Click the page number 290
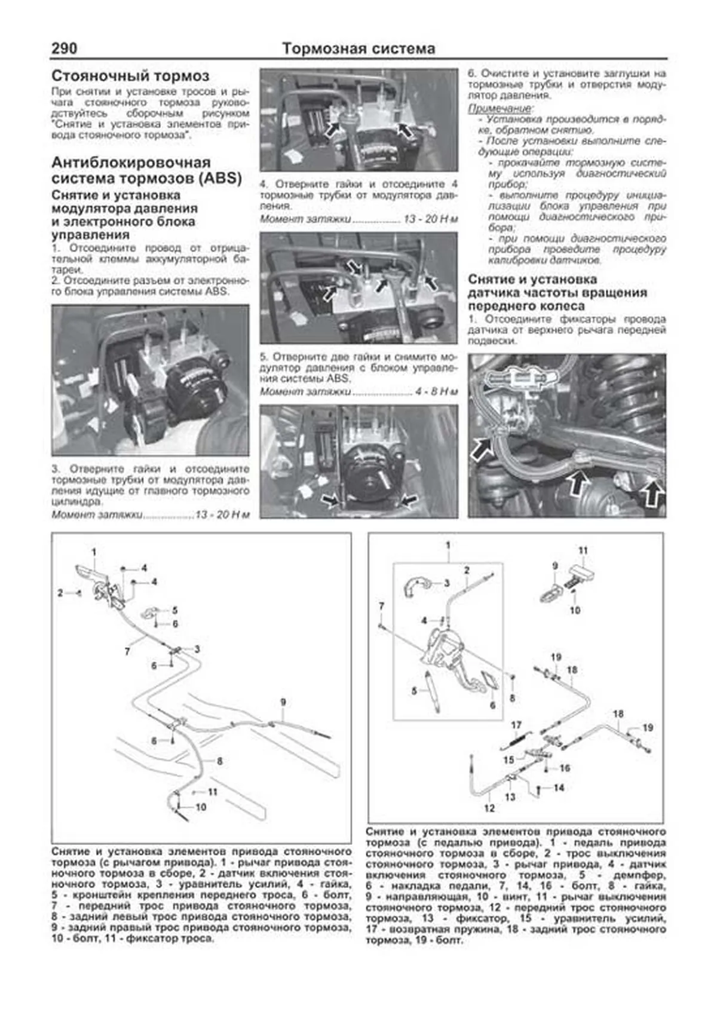click(x=65, y=48)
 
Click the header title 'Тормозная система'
click(x=358, y=48)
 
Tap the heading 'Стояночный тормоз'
click(x=130, y=76)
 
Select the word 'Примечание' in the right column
click(x=500, y=109)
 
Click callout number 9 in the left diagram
click(x=283, y=702)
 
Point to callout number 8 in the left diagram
click(x=219, y=761)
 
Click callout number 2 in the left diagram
click(x=60, y=593)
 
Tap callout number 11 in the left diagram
click(x=213, y=792)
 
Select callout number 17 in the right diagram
click(x=516, y=725)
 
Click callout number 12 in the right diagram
click(x=489, y=808)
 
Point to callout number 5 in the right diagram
click(x=414, y=691)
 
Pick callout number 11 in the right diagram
click(x=583, y=550)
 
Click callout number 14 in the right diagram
click(x=558, y=788)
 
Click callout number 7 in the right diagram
click(x=381, y=606)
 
